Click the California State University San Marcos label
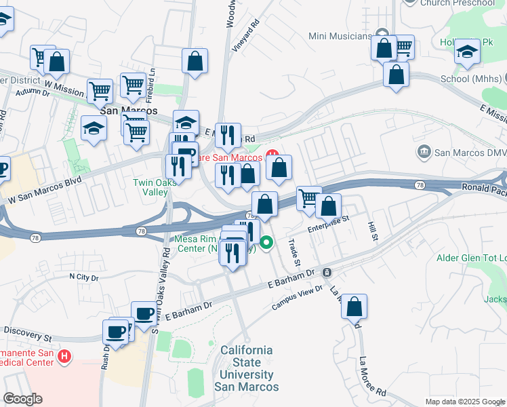click(x=247, y=368)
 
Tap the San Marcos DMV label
click(x=470, y=152)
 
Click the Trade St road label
click(x=294, y=251)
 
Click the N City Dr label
click(x=84, y=277)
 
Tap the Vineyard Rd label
click(x=255, y=33)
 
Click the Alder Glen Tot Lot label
click(x=472, y=258)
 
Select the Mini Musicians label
click(x=340, y=36)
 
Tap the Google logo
click(x=23, y=399)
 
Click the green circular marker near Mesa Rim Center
click(x=267, y=241)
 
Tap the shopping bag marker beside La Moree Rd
click(x=354, y=307)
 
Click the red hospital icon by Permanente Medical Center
click(x=64, y=355)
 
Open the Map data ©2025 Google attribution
click(x=465, y=402)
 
